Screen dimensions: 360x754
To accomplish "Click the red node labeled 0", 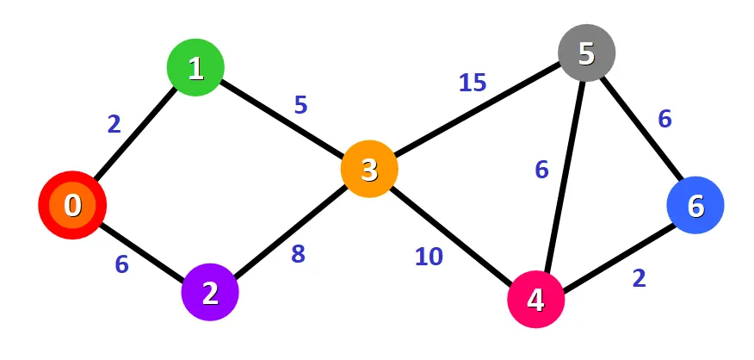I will (x=72, y=206).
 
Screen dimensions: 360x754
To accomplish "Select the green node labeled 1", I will (x=195, y=68).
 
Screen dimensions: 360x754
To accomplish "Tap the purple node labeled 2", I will (x=210, y=294).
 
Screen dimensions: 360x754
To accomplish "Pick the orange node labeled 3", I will (x=369, y=169).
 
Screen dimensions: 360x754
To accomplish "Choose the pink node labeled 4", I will (x=535, y=301).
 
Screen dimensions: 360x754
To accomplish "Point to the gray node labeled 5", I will (x=586, y=53).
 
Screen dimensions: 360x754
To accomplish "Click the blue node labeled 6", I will (x=695, y=205).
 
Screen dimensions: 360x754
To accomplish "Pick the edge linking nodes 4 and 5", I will (x=561, y=177).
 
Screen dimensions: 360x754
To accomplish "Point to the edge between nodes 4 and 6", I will (x=615, y=253).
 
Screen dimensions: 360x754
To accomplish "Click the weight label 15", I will (x=472, y=83).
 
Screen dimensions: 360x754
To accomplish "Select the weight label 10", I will (x=429, y=256).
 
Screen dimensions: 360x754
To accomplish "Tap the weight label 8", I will (x=298, y=255).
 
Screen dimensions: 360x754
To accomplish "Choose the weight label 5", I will (x=300, y=105).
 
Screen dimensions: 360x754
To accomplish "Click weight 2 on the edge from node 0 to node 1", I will (x=114, y=124).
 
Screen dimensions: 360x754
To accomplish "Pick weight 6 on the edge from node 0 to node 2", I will (x=122, y=264).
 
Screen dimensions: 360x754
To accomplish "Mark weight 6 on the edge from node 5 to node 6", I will (x=664, y=120).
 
